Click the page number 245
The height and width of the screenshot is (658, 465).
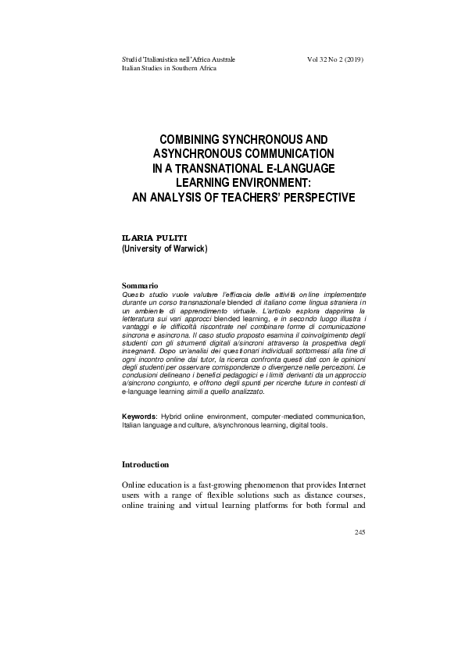pos(359,532)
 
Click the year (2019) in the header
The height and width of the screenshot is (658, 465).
pos(353,59)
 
